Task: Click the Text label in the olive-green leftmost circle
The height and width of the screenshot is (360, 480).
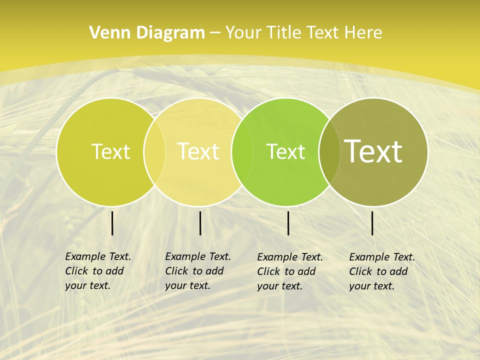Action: pyautogui.click(x=110, y=151)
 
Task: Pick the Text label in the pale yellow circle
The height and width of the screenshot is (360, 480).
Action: pyautogui.click(x=198, y=151)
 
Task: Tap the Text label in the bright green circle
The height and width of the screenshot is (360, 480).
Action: pyautogui.click(x=285, y=151)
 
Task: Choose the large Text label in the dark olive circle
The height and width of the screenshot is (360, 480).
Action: pyautogui.click(x=373, y=151)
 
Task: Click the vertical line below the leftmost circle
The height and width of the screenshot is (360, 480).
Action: pyautogui.click(x=112, y=223)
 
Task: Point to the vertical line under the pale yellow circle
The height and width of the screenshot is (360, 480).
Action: pyautogui.click(x=200, y=223)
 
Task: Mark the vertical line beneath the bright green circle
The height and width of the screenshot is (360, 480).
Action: pyautogui.click(x=288, y=223)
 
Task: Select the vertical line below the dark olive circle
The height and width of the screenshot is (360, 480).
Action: pyautogui.click(x=372, y=223)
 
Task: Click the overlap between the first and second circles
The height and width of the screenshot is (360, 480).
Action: pyautogui.click(x=154, y=151)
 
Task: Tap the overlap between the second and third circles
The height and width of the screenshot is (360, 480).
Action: pyautogui.click(x=242, y=151)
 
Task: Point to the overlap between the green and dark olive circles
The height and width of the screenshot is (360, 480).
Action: pyautogui.click(x=329, y=151)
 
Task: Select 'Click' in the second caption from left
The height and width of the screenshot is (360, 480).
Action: pyautogui.click(x=176, y=271)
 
